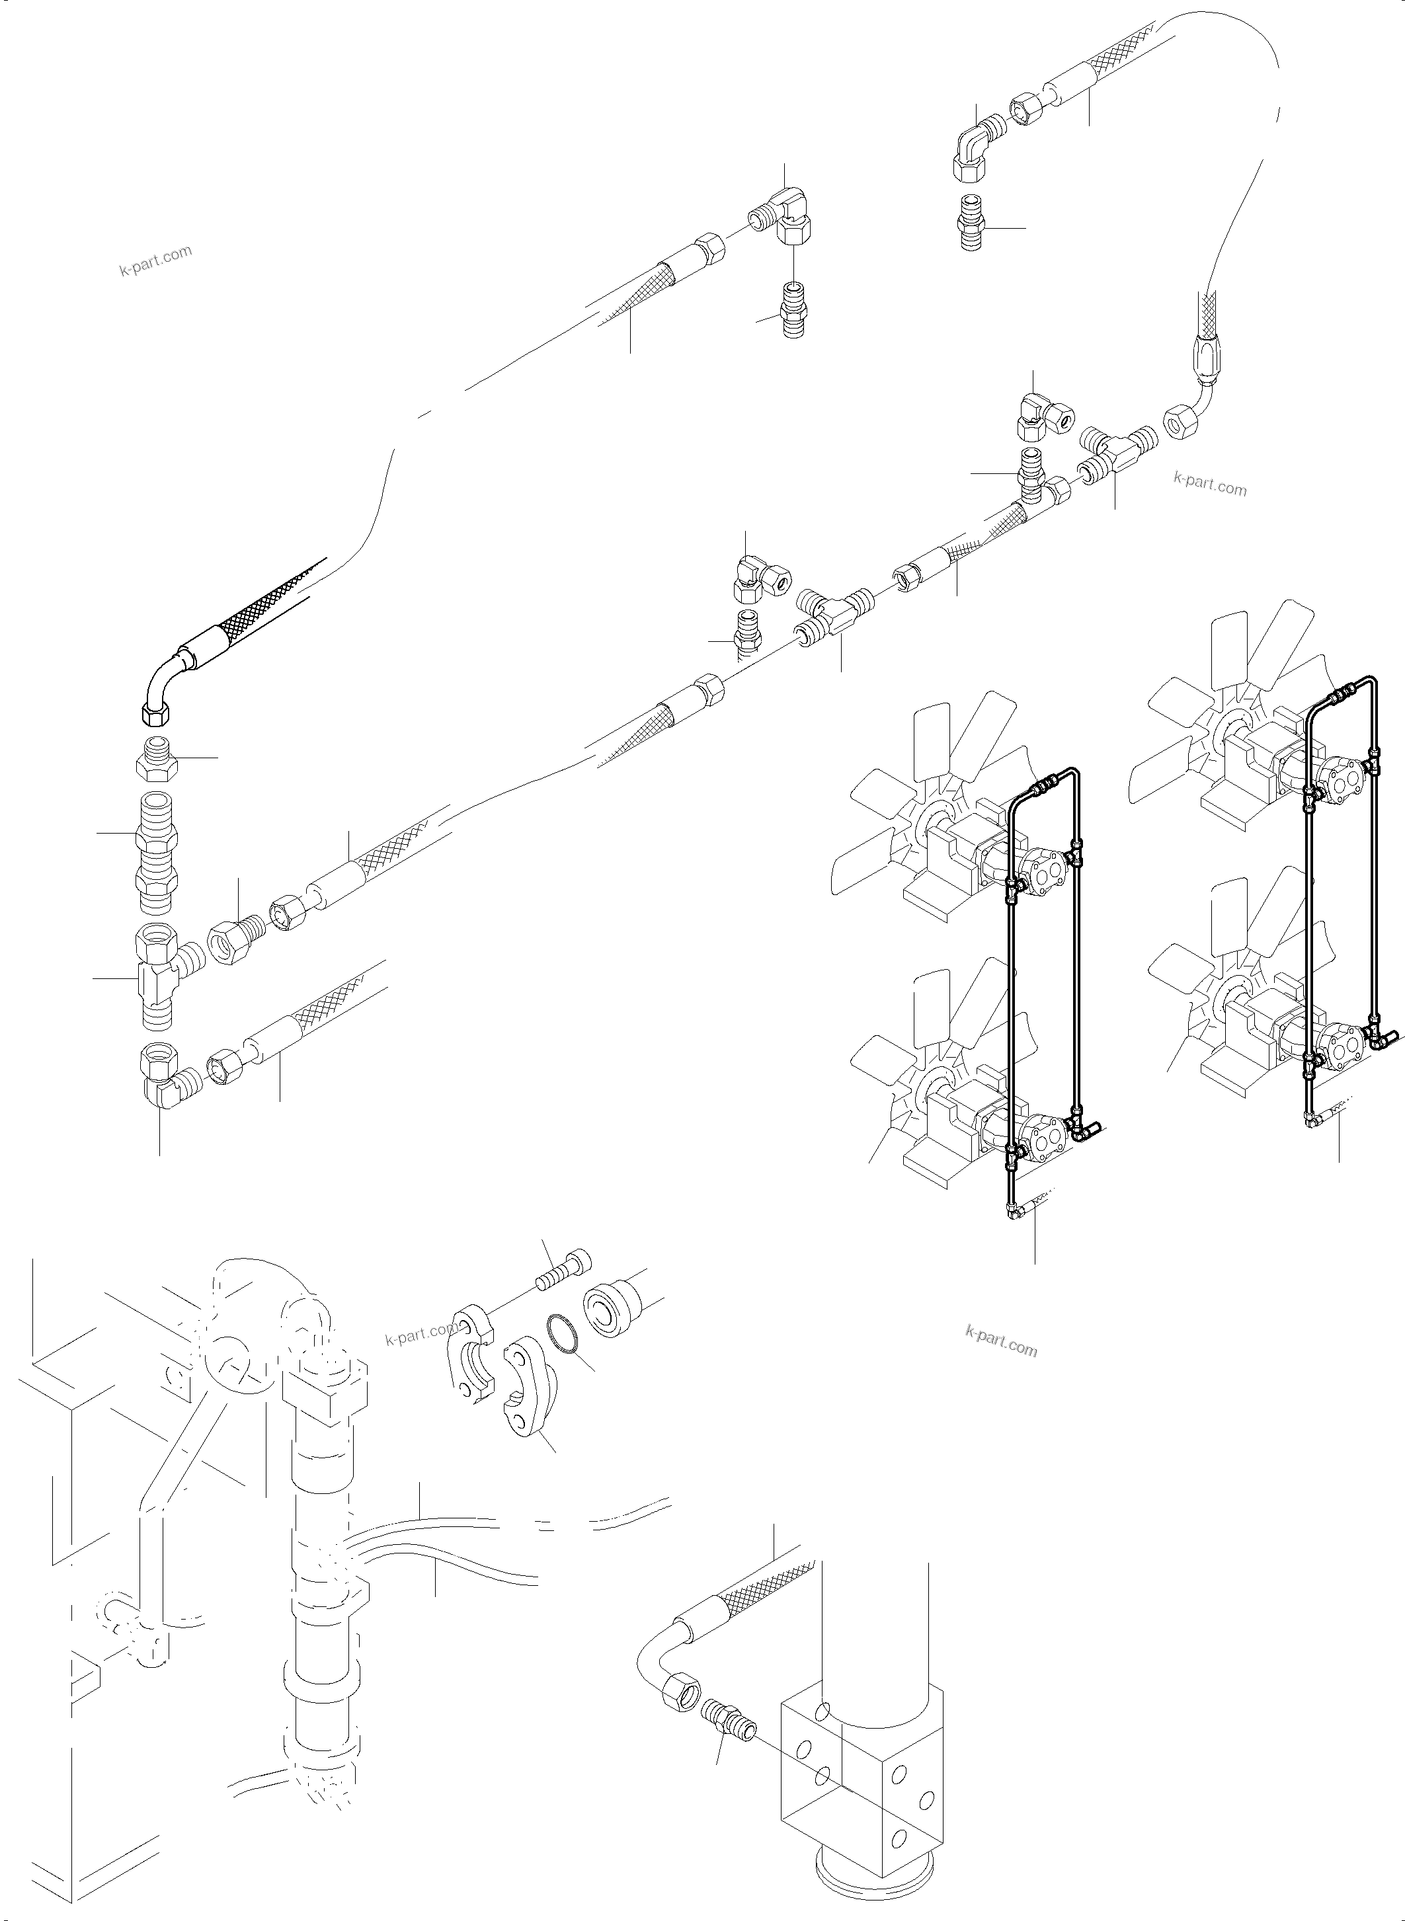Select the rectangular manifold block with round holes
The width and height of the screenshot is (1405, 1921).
point(859,1752)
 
